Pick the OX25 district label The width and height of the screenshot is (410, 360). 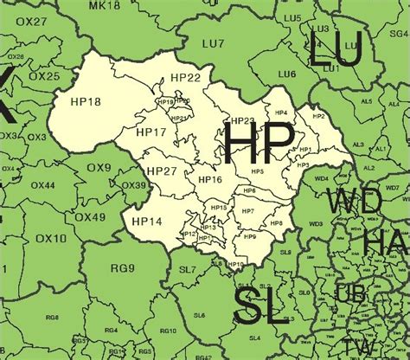tap(47, 76)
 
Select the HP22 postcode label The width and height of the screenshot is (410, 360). tap(185, 78)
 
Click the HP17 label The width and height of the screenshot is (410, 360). tap(151, 132)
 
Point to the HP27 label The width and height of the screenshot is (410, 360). tap(162, 170)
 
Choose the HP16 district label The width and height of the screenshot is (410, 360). tap(210, 179)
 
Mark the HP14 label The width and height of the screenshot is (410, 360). tap(146, 222)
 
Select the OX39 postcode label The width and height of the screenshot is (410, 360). tap(133, 185)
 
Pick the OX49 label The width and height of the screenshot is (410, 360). tap(93, 216)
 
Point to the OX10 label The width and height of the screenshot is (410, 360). tap(52, 238)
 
